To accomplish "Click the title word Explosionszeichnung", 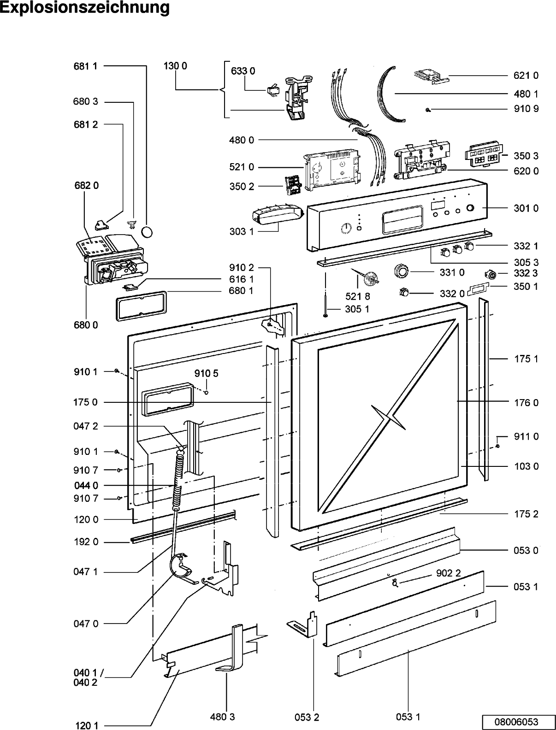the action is pos(85,7).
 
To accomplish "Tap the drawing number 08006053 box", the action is pos(516,722).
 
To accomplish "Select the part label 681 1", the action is pos(85,66).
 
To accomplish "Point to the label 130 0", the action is pos(175,66).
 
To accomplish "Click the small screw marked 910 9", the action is pos(428,110).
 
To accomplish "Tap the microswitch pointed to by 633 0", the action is pos(273,91).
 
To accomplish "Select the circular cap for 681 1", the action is pos(147,231).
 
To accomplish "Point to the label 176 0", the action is pos(526,403).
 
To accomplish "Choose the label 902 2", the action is pos(448,573).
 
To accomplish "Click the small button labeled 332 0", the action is pos(404,292).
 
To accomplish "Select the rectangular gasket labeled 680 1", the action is pos(142,306).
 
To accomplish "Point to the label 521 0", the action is pos(242,167).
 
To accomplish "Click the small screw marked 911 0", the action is pos(497,446).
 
